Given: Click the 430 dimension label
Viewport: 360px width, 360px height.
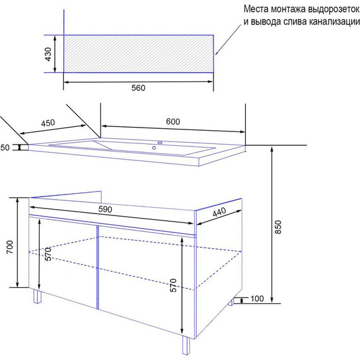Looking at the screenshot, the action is [x=48, y=54].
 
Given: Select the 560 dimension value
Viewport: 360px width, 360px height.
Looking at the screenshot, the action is [x=138, y=88].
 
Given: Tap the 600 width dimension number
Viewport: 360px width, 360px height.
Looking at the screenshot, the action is [x=173, y=121].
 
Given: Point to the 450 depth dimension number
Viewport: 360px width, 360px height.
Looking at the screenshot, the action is [x=48, y=123].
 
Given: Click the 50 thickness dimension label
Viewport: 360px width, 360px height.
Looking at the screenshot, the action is [x=5, y=148].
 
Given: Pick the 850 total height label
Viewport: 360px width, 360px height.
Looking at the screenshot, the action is [x=278, y=227].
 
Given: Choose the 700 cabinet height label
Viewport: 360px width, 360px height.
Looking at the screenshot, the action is [x=10, y=247].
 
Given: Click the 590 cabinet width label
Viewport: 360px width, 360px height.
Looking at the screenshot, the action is [x=105, y=209].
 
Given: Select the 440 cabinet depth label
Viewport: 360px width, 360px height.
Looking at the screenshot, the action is [x=219, y=212].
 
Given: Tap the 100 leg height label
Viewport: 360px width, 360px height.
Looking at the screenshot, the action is [x=257, y=299].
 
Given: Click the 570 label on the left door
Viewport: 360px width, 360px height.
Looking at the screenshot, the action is [x=48, y=254].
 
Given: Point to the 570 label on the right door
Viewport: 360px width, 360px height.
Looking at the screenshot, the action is [x=173, y=285].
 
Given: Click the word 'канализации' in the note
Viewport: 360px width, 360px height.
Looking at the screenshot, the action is [x=334, y=21].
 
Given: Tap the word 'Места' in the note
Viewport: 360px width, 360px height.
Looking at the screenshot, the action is [x=256, y=9].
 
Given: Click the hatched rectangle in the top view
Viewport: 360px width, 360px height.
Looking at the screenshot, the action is [x=138, y=54].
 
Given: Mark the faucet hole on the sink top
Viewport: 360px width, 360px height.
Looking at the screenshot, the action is [x=160, y=143].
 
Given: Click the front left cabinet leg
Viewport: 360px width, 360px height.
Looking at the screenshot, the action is [x=37, y=296].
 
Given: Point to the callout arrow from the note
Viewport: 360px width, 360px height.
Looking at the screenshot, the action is [x=228, y=40].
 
